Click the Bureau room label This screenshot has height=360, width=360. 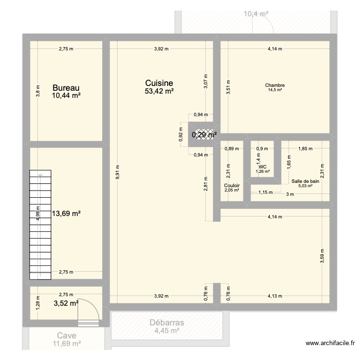(x=66, y=88)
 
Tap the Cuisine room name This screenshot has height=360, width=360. (x=159, y=83)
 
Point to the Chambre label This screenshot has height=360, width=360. (x=275, y=86)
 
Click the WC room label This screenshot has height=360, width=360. (x=262, y=167)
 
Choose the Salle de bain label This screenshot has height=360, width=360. (x=305, y=181)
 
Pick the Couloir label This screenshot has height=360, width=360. (x=232, y=185)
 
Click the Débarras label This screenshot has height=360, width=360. (x=167, y=323)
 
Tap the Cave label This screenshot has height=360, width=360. (x=66, y=336)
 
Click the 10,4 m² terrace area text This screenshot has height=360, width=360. (x=256, y=14)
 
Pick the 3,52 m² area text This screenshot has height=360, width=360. (x=66, y=303)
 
